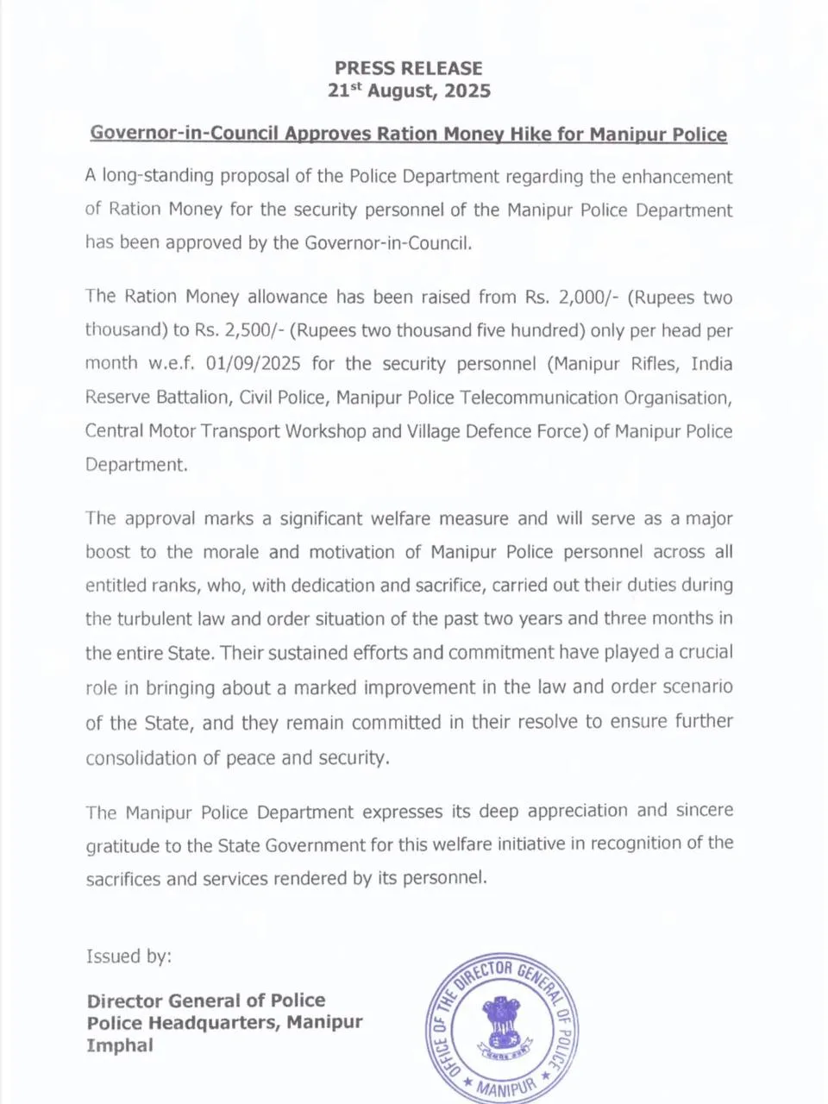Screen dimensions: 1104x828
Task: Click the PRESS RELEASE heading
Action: point(409,68)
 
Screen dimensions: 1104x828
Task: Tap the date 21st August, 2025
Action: point(409,91)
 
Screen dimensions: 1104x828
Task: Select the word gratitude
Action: point(122,846)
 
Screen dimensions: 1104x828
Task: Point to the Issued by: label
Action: point(129,957)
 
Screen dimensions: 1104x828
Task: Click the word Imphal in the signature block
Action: point(120,1045)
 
